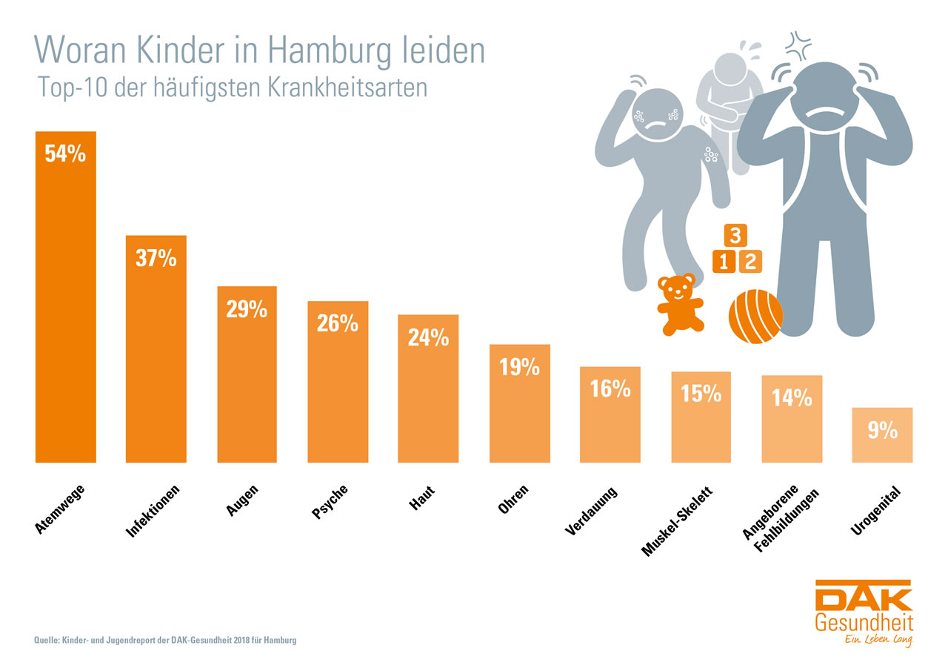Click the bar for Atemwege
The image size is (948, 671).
coord(65,311)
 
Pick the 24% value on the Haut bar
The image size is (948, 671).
coord(428,338)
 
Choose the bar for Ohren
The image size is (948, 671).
coord(519,415)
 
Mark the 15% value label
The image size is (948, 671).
coord(701,393)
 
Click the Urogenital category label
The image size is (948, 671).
coord(875,510)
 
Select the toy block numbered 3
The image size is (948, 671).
coord(735,236)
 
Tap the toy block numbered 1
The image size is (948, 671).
coord(724,261)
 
